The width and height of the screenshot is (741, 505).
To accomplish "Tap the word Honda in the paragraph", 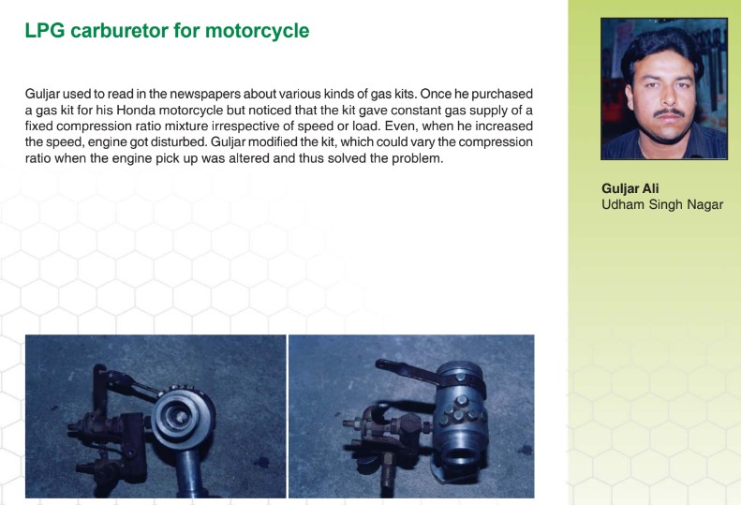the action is tap(136, 111).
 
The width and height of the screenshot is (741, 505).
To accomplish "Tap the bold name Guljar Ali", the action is tap(630, 188).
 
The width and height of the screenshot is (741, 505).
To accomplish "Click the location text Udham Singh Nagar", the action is tap(662, 205).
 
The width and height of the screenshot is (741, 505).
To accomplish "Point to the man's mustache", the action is tap(669, 113).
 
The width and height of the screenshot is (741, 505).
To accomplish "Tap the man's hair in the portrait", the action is tap(661, 45).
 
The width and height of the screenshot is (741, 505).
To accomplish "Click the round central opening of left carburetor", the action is tap(180, 416).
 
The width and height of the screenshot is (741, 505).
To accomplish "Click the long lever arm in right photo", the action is tap(408, 370).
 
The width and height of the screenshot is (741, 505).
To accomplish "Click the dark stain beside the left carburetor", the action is tap(260, 461).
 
